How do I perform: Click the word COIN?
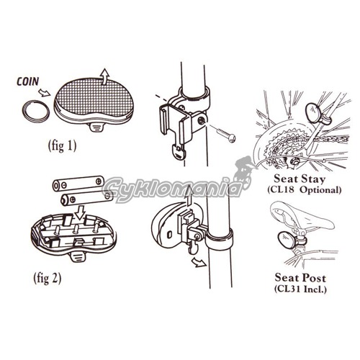(27, 81)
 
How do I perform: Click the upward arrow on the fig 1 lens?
(104, 76)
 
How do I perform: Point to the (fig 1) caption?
(63, 145)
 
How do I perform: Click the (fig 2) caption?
(48, 279)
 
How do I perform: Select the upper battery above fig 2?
(78, 184)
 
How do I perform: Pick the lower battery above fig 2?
(86, 198)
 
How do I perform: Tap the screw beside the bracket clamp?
(226, 135)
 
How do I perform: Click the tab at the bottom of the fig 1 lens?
(98, 127)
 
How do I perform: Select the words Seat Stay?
(300, 179)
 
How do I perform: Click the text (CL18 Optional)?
(305, 190)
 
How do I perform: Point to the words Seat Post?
(300, 278)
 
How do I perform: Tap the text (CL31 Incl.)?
(300, 289)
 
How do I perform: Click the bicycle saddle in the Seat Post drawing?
(302, 217)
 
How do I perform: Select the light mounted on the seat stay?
(314, 112)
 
